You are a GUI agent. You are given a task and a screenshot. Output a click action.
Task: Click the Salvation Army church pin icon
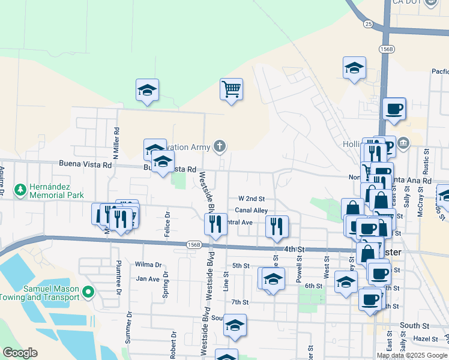[220, 146]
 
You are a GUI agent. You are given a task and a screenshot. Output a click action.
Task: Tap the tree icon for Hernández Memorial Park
[20, 190]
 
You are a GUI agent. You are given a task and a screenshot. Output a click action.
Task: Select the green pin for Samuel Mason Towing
[89, 292]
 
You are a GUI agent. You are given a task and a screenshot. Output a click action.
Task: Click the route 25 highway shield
[368, 23]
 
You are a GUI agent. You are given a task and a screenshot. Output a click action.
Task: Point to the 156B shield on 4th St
[193, 244]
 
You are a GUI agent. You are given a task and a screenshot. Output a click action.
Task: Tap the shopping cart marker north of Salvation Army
[231, 89]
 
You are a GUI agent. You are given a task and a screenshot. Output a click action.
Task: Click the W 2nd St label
[251, 198]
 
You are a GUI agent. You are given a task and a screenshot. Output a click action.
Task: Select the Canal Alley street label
[251, 210]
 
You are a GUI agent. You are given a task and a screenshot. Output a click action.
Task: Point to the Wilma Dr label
[148, 264]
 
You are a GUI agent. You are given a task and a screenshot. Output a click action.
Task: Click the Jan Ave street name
[148, 278]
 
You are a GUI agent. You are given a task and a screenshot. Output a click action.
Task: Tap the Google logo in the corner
[19, 353]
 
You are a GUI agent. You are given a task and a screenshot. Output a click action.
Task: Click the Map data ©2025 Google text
[412, 355]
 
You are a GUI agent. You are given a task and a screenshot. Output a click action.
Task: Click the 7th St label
[240, 302]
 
